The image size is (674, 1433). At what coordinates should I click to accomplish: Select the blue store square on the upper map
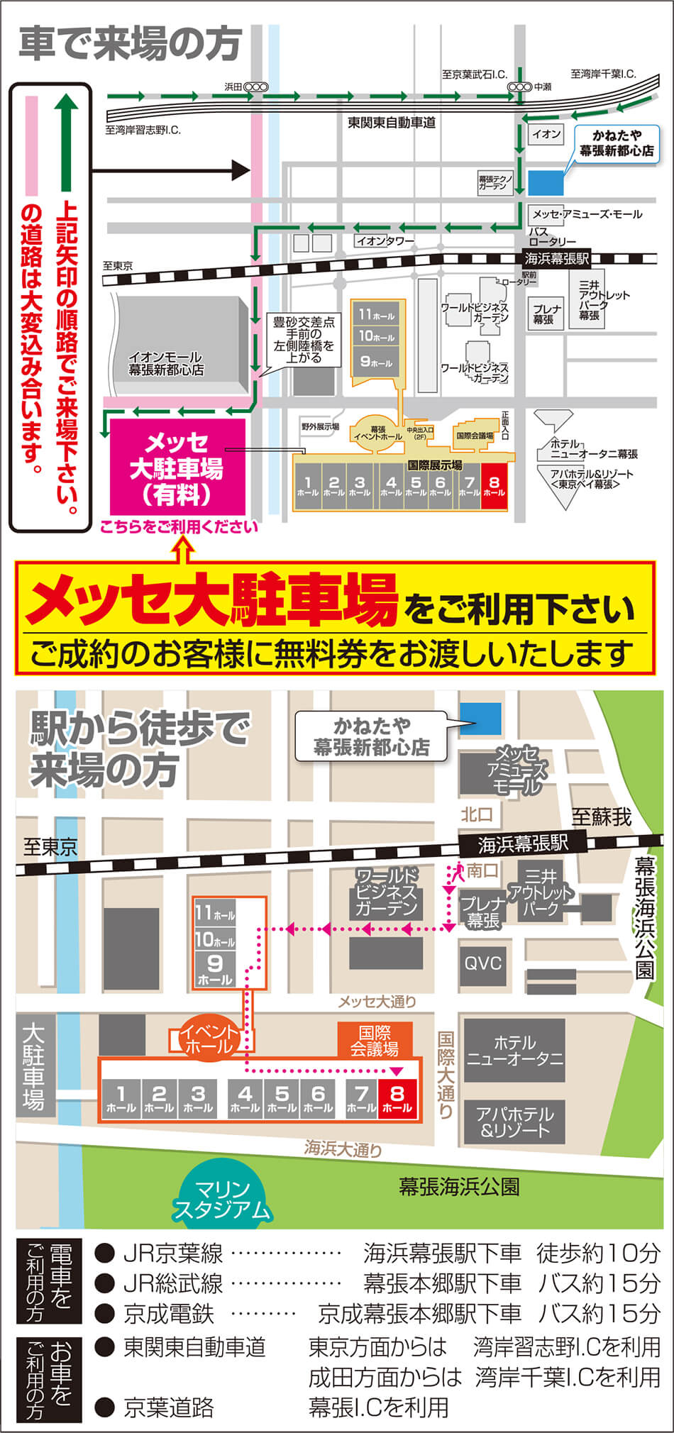tap(546, 182)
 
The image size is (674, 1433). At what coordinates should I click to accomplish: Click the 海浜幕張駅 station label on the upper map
tap(556, 259)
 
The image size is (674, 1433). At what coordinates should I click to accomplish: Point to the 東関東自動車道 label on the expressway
tap(392, 123)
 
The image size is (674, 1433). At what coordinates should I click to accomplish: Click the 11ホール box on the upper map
tap(377, 314)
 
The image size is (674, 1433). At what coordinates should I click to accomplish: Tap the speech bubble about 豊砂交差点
tap(304, 340)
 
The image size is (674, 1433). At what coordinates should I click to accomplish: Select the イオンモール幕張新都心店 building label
tap(165, 363)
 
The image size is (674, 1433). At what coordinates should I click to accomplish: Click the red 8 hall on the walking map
tap(397, 1100)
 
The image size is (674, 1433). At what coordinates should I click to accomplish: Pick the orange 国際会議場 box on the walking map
tap(375, 1040)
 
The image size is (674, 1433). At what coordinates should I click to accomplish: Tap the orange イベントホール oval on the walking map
tap(209, 1039)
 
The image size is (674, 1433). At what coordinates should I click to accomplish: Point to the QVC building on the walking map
tap(482, 963)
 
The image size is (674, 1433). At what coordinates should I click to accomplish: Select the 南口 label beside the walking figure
tap(482, 870)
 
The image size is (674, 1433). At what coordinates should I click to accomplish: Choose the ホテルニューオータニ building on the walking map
tap(514, 1051)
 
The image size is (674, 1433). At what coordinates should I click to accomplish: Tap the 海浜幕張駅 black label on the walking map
tap(522, 843)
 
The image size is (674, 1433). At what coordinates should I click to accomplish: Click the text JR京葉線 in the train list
tap(173, 1254)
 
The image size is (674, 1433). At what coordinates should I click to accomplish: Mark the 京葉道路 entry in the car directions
tap(169, 1407)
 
